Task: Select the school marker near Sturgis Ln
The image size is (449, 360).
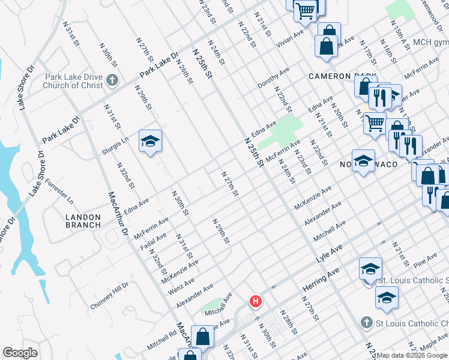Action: click(150, 142)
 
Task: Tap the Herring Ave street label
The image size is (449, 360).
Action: click(321, 280)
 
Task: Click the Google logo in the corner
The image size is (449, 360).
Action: click(20, 353)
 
